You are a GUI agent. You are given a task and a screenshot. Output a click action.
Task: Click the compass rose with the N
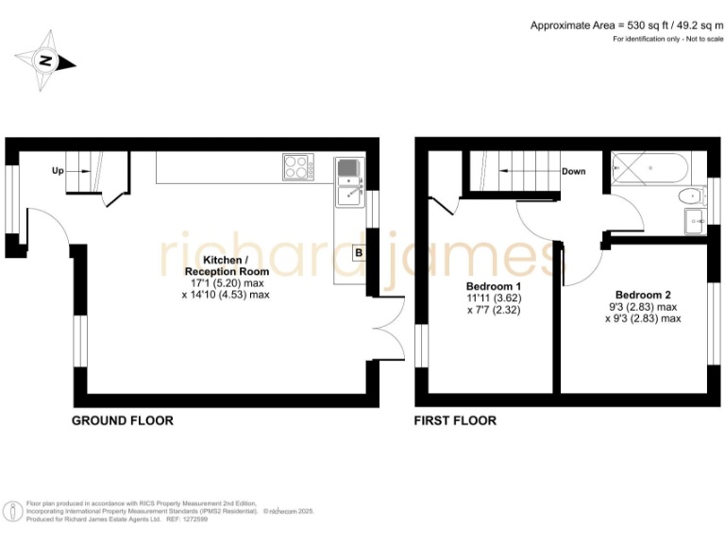[x=43, y=62]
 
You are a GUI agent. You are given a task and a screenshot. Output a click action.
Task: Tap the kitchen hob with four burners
[x=297, y=168]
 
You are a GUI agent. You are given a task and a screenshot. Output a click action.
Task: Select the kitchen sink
[x=348, y=183]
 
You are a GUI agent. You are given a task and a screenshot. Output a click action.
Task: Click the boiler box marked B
[x=359, y=253]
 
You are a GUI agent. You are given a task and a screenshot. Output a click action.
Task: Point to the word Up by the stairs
[x=58, y=172]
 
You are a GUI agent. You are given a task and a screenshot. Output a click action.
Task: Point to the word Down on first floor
[x=573, y=172]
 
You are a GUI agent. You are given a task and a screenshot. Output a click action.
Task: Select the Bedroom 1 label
[x=494, y=286]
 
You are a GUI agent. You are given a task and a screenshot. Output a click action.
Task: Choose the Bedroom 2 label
[x=642, y=293]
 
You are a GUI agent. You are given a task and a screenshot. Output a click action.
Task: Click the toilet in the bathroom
[x=690, y=197]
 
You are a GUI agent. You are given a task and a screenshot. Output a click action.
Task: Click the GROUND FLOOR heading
[x=123, y=420]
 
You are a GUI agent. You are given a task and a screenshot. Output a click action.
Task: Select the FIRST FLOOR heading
[x=455, y=420]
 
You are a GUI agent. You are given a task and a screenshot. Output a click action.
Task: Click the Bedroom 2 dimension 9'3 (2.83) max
[x=642, y=306]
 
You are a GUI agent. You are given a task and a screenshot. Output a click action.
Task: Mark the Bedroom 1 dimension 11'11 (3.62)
[x=494, y=298]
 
